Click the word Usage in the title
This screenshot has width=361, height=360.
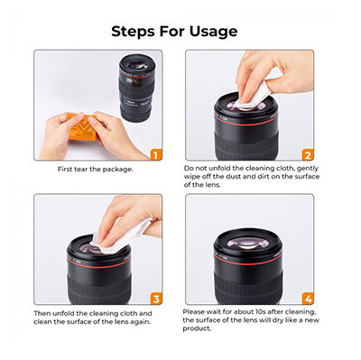pos(213,32)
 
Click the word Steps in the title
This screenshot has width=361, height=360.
pos(133,31)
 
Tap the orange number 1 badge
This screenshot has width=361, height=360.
pos(156,154)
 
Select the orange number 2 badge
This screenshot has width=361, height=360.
pos(308,154)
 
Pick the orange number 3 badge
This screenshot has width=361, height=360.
pos(156,299)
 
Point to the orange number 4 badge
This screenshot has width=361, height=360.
pos(308,299)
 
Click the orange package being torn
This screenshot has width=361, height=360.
pos(81,127)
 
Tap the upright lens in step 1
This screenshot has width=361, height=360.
pos(135,88)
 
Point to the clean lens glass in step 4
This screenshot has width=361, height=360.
pos(247,243)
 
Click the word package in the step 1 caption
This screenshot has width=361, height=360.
pos(117,170)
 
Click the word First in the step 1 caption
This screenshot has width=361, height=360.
pos(64,170)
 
